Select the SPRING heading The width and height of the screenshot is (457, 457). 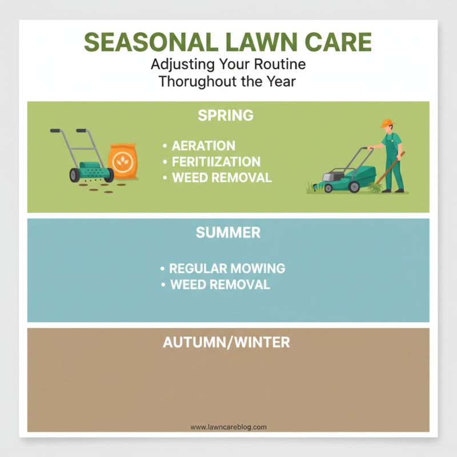coord(225,115)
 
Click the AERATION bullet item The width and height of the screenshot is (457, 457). coord(203,146)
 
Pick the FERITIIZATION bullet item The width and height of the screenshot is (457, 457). coord(216,162)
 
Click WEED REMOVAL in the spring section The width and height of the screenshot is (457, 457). coord(222,177)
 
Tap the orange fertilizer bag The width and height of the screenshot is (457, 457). coord(123,161)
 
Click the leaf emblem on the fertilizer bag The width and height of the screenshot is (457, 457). coord(122,161)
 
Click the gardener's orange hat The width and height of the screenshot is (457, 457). coord(388,123)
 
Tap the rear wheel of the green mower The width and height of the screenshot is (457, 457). coord(354,187)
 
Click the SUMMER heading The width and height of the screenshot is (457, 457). coord(228,233)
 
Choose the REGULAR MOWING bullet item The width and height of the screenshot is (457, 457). coord(227,268)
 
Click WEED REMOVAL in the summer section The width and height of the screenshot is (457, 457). coord(220,284)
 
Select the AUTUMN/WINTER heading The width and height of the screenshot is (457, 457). coord(226,343)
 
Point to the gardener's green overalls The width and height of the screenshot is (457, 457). coord(393,160)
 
